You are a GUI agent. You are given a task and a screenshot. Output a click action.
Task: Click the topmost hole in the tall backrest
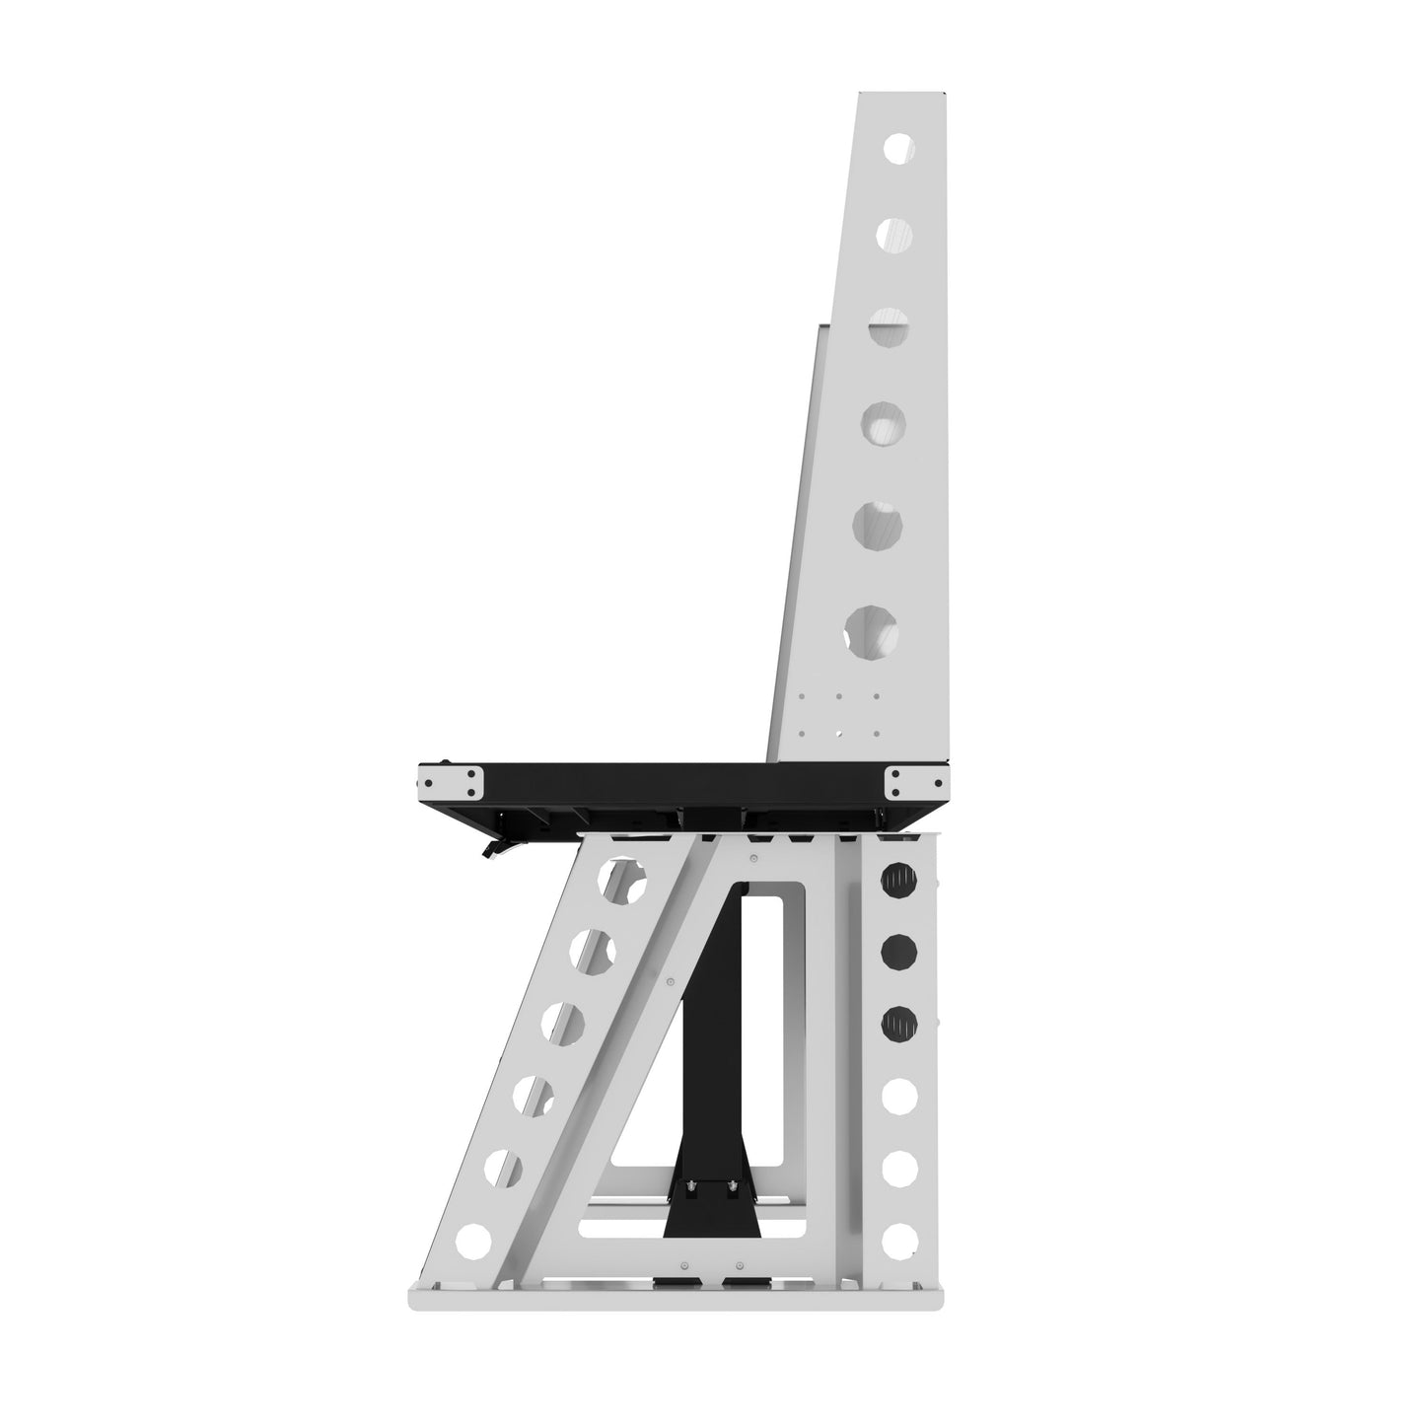pyautogui.click(x=897, y=149)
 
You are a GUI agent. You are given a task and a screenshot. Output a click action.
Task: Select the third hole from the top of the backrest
pyautogui.click(x=888, y=328)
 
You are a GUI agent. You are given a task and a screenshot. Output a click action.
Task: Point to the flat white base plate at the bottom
pyautogui.click(x=676, y=1299)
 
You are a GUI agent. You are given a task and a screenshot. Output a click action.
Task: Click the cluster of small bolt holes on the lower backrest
pyautogui.click(x=838, y=714)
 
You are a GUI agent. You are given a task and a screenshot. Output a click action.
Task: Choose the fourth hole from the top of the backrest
pyautogui.click(x=883, y=424)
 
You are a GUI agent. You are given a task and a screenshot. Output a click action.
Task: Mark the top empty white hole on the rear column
pyautogui.click(x=898, y=1095)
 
